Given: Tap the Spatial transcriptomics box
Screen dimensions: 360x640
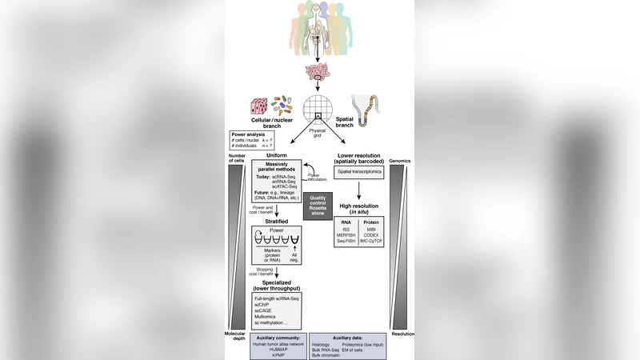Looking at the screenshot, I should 358,171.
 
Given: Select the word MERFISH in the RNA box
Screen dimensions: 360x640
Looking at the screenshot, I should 346,235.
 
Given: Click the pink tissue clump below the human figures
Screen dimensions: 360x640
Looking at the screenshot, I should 318,74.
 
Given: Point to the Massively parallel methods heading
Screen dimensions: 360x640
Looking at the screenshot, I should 276,168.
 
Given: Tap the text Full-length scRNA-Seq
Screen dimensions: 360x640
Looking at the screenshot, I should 277,298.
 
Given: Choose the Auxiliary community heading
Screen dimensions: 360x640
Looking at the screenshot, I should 277,337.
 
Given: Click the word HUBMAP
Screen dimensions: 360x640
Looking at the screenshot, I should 277,350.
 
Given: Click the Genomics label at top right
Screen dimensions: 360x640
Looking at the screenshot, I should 403,160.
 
